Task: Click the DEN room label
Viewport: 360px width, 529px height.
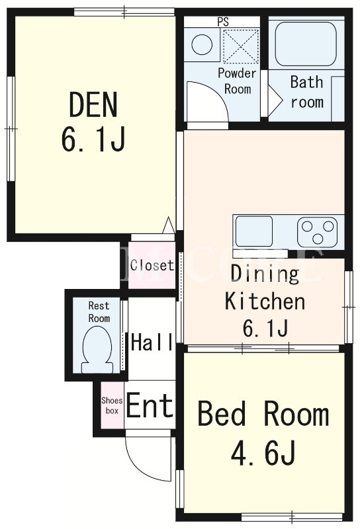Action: pos(93,104)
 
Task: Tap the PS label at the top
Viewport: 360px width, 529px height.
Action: pos(223,22)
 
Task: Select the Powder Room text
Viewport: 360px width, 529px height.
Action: pos(237,81)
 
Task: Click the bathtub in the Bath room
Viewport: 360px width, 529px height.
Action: pos(306,44)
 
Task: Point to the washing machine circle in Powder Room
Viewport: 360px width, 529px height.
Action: pos(202,45)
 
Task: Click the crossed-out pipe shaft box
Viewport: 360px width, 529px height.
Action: pos(241,46)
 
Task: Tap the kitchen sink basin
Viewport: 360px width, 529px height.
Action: pos(254,231)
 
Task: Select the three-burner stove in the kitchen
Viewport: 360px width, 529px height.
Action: pos(317,232)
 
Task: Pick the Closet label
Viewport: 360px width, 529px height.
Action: pos(152,265)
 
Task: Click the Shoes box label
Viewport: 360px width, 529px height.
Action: pos(112,405)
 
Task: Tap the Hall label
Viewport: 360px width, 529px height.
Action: pos(152,342)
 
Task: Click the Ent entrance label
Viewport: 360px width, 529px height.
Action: pos(150,405)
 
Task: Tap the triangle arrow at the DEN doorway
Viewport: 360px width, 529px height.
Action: pos(169,225)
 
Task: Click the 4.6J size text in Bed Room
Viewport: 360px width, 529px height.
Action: pos(263,452)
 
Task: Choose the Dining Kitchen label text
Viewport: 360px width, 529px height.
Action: pos(265,288)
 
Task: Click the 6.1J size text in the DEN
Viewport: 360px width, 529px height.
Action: pos(93,139)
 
